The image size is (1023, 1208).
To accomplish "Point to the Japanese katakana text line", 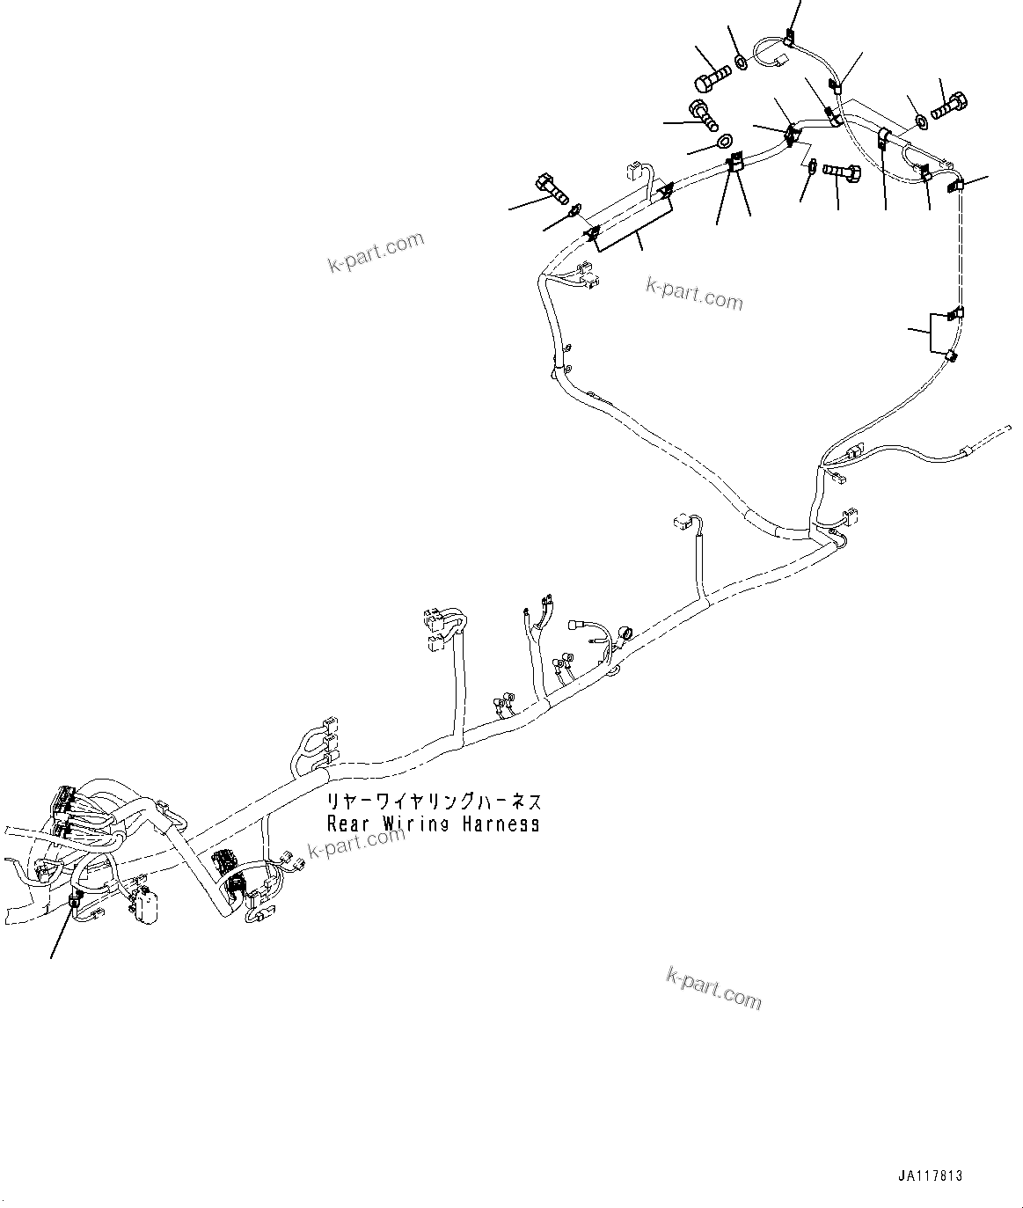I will coord(435,802).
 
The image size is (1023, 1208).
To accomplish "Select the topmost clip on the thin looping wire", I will coord(788,38).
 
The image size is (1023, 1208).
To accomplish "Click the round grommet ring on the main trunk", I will coord(627,633).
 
